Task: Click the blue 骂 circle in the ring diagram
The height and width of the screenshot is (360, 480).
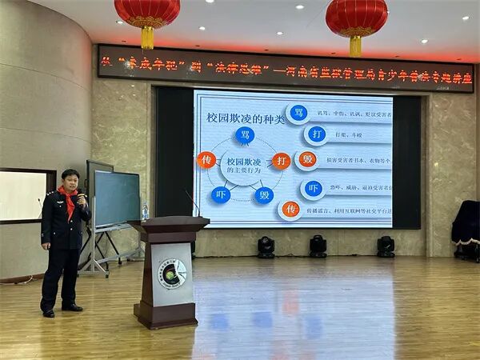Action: click(x=245, y=135)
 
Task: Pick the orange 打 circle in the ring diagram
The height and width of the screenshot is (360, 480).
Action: click(x=281, y=161)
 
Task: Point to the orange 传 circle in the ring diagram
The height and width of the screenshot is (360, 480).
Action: click(x=206, y=160)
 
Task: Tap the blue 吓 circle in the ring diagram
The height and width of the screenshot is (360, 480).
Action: click(x=221, y=194)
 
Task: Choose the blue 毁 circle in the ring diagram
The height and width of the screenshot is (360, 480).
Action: click(x=265, y=194)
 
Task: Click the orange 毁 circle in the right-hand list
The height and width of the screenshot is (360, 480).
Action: click(x=307, y=159)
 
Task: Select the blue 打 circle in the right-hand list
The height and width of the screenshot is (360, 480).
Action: click(x=316, y=134)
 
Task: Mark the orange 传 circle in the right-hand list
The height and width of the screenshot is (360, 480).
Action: click(x=290, y=210)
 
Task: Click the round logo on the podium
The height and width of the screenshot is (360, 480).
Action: click(x=170, y=274)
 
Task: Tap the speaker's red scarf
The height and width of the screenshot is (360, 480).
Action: click(x=70, y=201)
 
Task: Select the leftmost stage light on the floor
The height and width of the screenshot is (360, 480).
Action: click(x=266, y=246)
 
